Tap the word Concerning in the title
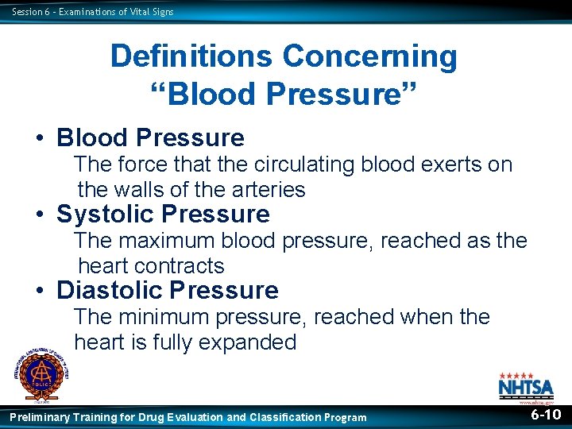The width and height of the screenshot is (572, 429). pyautogui.click(x=369, y=56)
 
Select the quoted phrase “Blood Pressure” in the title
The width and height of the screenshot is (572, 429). pyautogui.click(x=284, y=93)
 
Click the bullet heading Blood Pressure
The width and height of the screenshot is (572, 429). pyautogui.click(x=150, y=137)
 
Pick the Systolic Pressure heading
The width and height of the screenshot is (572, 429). pyautogui.click(x=163, y=214)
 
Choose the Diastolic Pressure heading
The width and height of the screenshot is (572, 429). pyautogui.click(x=167, y=290)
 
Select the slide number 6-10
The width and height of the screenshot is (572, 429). pyautogui.click(x=546, y=415)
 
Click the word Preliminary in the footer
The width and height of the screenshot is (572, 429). pyautogui.click(x=39, y=417)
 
